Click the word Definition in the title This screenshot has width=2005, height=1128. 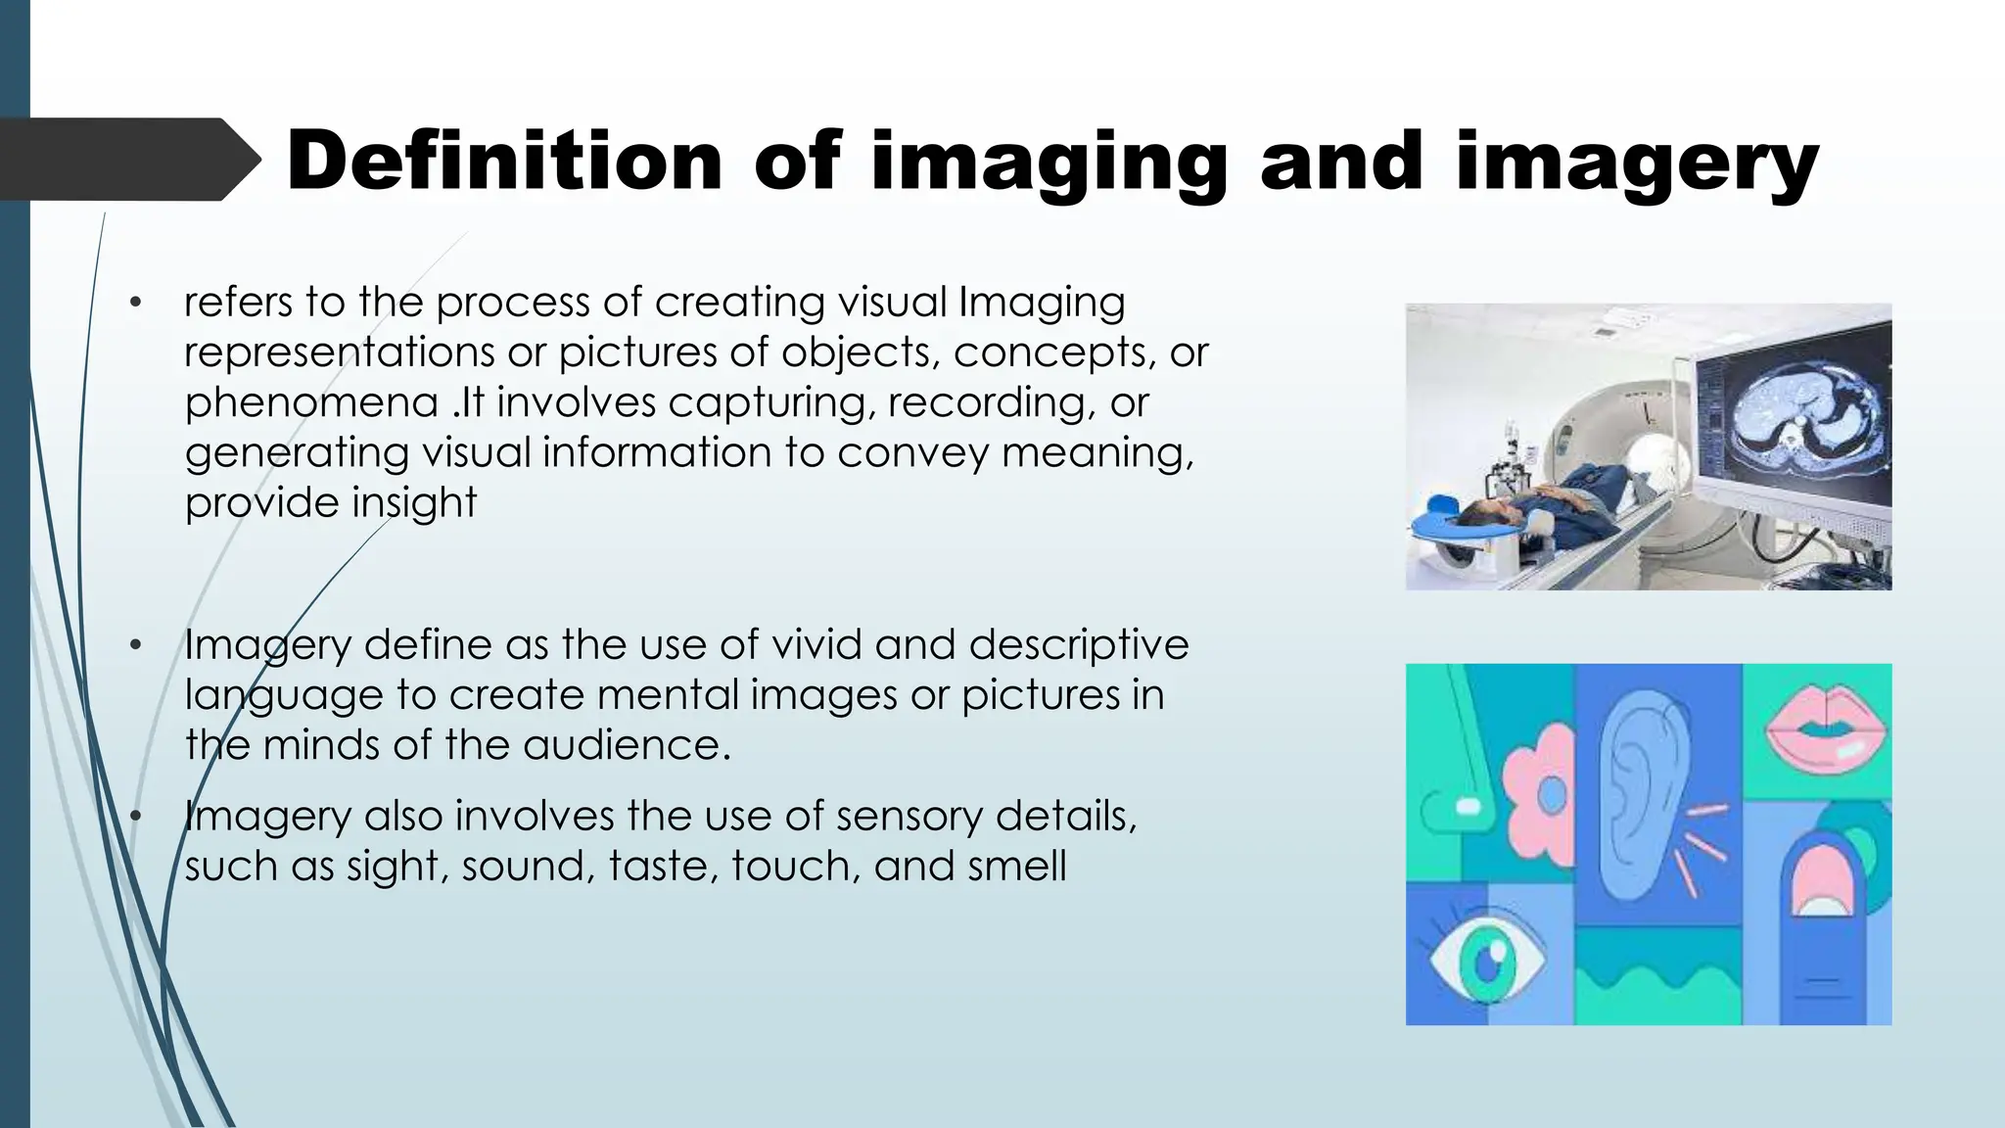pyautogui.click(x=503, y=161)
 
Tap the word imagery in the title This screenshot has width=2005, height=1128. pyautogui.click(x=1636, y=164)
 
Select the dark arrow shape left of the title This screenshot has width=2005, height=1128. pyautogui.click(x=127, y=160)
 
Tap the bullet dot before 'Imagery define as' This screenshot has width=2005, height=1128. pyautogui.click(x=136, y=645)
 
